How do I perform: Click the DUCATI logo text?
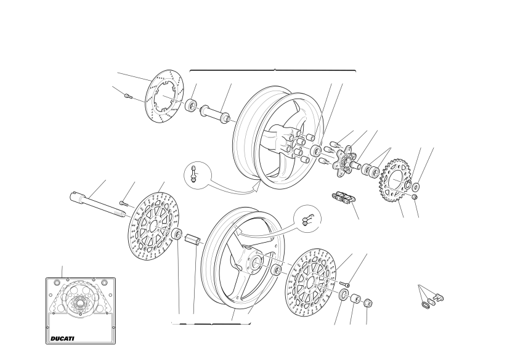pos(62,339)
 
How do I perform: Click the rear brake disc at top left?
pos(164,95)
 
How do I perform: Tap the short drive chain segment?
pos(344,198)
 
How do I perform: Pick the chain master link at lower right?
pos(432,301)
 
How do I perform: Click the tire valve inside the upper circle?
pos(194,174)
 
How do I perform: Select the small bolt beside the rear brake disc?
pos(128,96)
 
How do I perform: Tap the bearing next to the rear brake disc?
pos(190,105)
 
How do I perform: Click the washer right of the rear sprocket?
pos(415,187)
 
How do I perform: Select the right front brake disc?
pos(312,281)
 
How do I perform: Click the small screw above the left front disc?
pos(123,203)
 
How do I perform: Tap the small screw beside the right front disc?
pos(345,283)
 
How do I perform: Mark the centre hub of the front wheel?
pos(255,262)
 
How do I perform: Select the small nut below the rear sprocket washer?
pos(415,197)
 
